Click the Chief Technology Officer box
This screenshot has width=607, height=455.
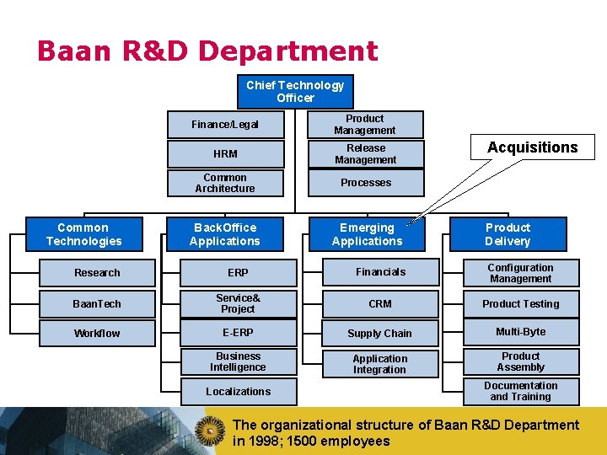(x=295, y=91)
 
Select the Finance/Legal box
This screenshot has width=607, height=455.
(x=225, y=125)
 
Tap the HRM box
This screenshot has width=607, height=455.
(x=225, y=154)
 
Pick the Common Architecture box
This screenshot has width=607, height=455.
(x=225, y=183)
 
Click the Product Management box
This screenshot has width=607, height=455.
(x=364, y=125)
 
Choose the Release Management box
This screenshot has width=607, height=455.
(x=364, y=154)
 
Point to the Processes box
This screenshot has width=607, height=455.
(x=364, y=183)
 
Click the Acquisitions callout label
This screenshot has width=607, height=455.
(x=533, y=147)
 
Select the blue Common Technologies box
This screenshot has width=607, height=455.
(x=83, y=234)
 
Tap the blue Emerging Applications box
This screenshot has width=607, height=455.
(x=367, y=234)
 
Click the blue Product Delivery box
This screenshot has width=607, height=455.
(x=508, y=234)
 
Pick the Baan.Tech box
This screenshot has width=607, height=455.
(x=97, y=303)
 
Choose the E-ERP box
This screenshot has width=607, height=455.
(x=238, y=333)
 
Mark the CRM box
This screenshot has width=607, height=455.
(x=380, y=303)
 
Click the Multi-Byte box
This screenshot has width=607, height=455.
(x=520, y=333)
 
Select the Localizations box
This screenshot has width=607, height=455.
(x=238, y=392)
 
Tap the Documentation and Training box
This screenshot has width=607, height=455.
(x=520, y=392)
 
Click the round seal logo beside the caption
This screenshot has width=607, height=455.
(x=211, y=431)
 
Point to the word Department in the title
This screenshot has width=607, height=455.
(x=288, y=52)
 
